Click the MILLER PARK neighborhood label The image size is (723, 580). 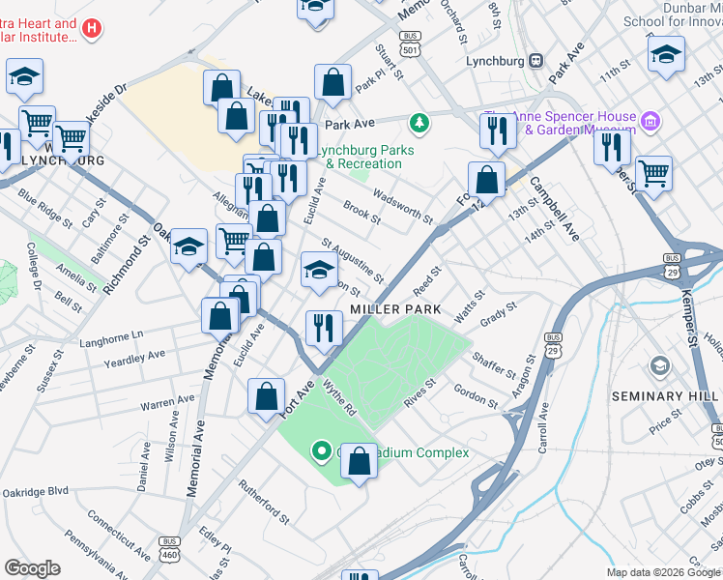pyautogui.click(x=395, y=308)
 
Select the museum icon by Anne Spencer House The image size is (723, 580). pyautogui.click(x=651, y=121)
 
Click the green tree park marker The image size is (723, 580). pyautogui.click(x=419, y=122)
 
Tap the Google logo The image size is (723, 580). pyautogui.click(x=33, y=568)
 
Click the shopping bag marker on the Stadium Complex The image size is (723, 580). pyautogui.click(x=359, y=463)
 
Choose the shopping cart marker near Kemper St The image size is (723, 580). pyautogui.click(x=653, y=173)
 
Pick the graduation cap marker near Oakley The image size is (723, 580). pyautogui.click(x=188, y=247)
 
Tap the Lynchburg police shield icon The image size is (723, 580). pyautogui.click(x=535, y=60)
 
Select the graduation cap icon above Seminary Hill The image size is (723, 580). pyautogui.click(x=660, y=364)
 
